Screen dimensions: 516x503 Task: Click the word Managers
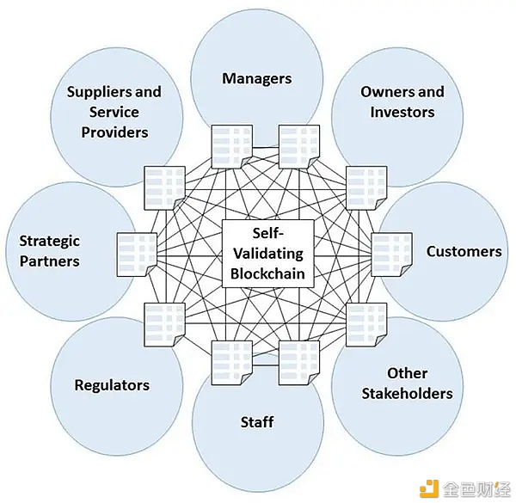(256, 78)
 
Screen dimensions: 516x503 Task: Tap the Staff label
(257, 422)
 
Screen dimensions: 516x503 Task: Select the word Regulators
(112, 385)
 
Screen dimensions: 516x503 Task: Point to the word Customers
(464, 252)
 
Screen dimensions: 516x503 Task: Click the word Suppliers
(100, 93)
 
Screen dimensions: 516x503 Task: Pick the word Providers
(114, 132)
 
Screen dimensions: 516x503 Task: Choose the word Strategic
(49, 242)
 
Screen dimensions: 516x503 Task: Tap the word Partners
(49, 261)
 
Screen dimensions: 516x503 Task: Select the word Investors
(402, 112)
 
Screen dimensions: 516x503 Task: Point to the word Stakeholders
(407, 394)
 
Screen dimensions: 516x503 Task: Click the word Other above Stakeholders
(407, 373)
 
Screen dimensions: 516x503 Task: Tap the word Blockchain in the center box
(267, 274)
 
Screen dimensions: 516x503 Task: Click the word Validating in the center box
(268, 254)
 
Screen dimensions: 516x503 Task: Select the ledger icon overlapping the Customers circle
(391, 255)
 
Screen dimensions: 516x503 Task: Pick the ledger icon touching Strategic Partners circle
(137, 255)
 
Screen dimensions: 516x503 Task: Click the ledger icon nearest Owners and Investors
(366, 187)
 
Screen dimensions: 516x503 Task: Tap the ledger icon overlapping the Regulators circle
(164, 324)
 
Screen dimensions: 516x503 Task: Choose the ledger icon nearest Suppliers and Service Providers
(164, 187)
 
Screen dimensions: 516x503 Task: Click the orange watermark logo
(429, 488)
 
